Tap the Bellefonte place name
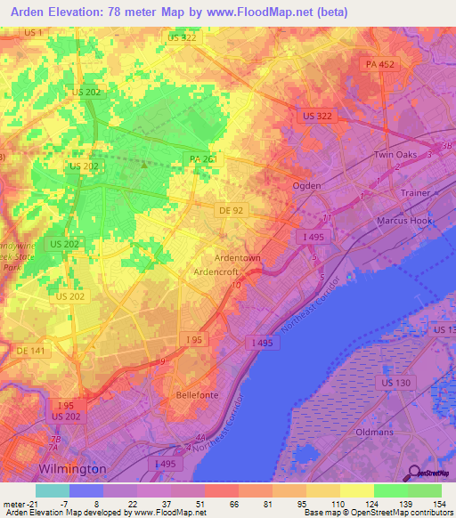pyautogui.click(x=198, y=394)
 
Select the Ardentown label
pyautogui.click(x=236, y=257)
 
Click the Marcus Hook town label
pyautogui.click(x=404, y=221)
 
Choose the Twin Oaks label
pyautogui.click(x=395, y=155)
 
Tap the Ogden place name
pyautogui.click(x=307, y=185)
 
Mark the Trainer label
pyautogui.click(x=415, y=193)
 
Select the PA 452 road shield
pyautogui.click(x=379, y=65)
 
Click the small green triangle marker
pyautogui.click(x=143, y=164)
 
